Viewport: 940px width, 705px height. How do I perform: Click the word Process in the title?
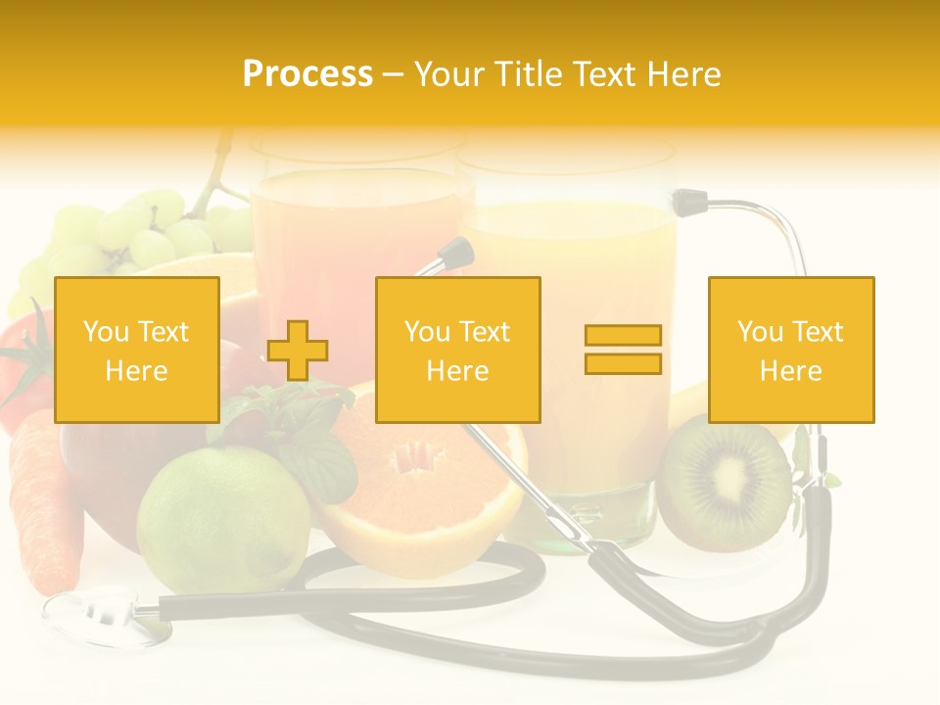[307, 73]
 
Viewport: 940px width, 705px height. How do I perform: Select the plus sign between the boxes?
[298, 351]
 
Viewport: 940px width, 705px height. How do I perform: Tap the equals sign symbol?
[623, 350]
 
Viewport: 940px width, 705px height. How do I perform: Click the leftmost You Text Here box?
[136, 350]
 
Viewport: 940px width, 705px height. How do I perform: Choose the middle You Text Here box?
[457, 350]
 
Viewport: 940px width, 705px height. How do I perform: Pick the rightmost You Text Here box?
[790, 350]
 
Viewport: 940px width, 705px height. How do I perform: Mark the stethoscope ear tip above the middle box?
[454, 254]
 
